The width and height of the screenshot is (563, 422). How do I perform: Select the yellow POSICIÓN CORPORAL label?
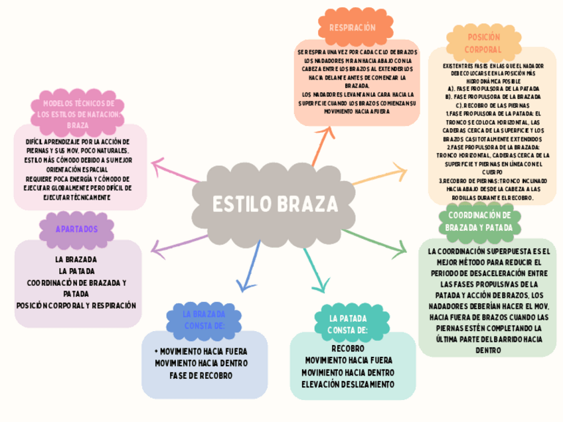[x=483, y=43]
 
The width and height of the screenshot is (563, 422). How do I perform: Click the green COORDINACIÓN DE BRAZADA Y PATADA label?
[x=479, y=221]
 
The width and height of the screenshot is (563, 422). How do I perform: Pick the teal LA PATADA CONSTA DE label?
[x=348, y=324]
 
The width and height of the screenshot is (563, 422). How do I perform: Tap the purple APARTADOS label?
[x=76, y=229]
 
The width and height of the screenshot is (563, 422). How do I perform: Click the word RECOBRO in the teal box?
[x=348, y=348]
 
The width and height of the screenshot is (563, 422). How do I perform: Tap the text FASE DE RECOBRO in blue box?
[x=201, y=376]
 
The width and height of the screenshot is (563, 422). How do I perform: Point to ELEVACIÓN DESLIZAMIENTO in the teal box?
[x=348, y=384]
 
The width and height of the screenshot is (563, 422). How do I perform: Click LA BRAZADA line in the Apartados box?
[x=76, y=259]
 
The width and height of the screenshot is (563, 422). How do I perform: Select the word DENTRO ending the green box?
[x=488, y=350]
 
